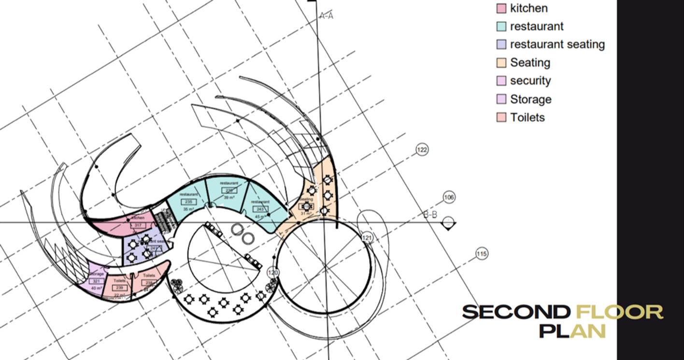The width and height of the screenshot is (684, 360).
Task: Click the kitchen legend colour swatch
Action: pyautogui.click(x=501, y=8)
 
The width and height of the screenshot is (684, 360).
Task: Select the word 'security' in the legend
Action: pyautogui.click(x=530, y=81)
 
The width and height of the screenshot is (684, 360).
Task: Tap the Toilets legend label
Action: pyautogui.click(x=527, y=117)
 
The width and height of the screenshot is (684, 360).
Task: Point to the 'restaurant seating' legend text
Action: pyautogui.click(x=557, y=44)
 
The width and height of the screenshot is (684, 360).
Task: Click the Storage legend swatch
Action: pyautogui.click(x=501, y=99)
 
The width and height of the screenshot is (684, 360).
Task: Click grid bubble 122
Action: pyautogui.click(x=422, y=150)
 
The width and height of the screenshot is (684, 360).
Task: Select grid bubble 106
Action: pyautogui.click(x=449, y=197)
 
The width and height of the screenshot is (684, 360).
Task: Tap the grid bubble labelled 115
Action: pyautogui.click(x=481, y=254)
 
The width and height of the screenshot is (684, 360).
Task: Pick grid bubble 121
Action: pyautogui.click(x=368, y=238)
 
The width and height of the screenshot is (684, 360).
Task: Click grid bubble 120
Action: pyautogui.click(x=273, y=273)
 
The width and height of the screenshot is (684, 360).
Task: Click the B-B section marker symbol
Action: pyautogui.click(x=449, y=223)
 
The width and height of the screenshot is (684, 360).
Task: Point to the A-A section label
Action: pyautogui.click(x=327, y=16)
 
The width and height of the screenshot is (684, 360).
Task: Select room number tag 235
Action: pyautogui.click(x=188, y=202)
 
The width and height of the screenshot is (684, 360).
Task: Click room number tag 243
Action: pyautogui.click(x=260, y=209)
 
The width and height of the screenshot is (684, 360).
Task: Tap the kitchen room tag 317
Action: pyautogui.click(x=138, y=225)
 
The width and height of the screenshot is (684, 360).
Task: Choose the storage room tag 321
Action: pyautogui.click(x=96, y=281)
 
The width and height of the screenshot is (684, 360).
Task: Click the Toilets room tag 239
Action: pyautogui.click(x=119, y=288)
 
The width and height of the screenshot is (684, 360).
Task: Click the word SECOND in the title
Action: pyautogui.click(x=515, y=312)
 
